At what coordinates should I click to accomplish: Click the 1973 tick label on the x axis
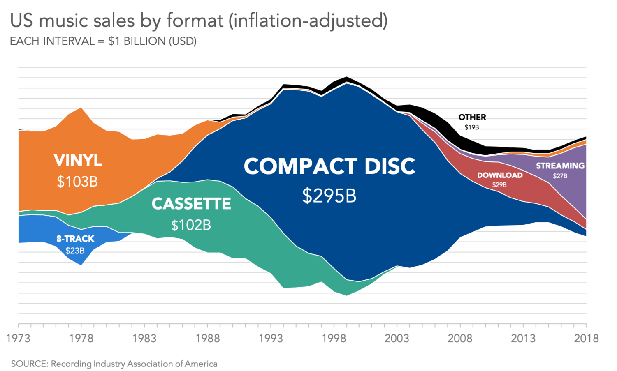tap(19, 339)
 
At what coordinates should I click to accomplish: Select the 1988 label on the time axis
tap(208, 339)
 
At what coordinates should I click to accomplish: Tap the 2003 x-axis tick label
tap(397, 339)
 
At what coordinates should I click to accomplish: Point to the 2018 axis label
tap(586, 339)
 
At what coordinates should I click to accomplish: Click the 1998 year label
tap(334, 339)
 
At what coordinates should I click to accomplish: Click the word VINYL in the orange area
tap(78, 161)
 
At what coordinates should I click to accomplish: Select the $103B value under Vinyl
tap(77, 182)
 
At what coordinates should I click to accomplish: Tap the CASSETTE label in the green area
tap(191, 204)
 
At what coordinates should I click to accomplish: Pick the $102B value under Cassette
tap(191, 225)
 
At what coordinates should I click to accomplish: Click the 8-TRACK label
tap(75, 239)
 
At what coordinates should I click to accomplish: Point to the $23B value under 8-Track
tap(75, 251)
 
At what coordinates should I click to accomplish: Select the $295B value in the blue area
tap(329, 196)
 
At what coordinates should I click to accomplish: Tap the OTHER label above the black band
tap(472, 117)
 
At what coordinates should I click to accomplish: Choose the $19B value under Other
tap(472, 127)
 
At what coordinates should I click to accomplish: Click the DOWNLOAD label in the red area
tap(500, 175)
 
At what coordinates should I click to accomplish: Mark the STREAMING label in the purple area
tap(560, 166)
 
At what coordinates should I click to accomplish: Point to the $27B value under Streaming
tap(560, 176)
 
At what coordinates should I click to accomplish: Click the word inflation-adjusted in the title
tap(308, 21)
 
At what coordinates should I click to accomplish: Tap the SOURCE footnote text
tap(114, 364)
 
